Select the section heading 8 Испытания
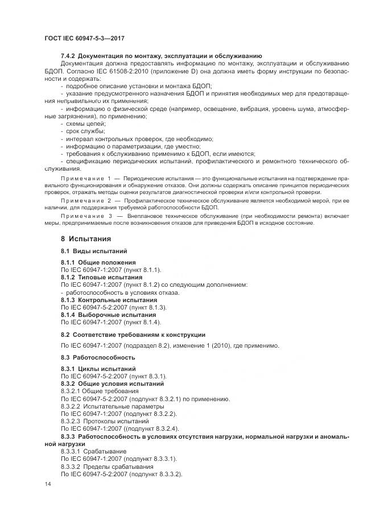(86, 238)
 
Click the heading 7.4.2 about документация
(161, 56)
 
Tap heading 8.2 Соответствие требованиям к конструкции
(133, 334)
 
